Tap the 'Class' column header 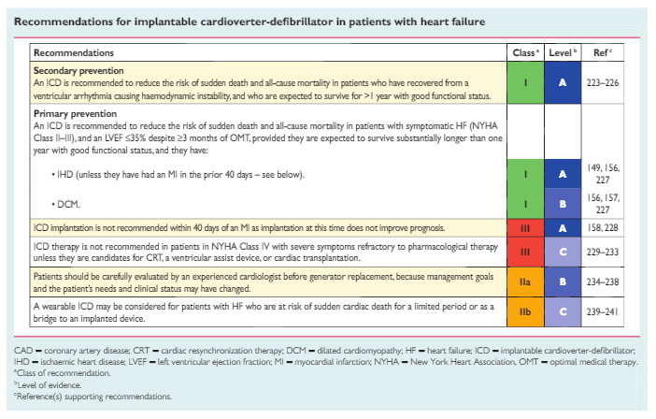pos(526,54)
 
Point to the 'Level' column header pos(563,54)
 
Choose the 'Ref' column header pos(603,54)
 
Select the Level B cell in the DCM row pos(563,203)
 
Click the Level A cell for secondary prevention pos(563,82)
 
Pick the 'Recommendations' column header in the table pos(74,54)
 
